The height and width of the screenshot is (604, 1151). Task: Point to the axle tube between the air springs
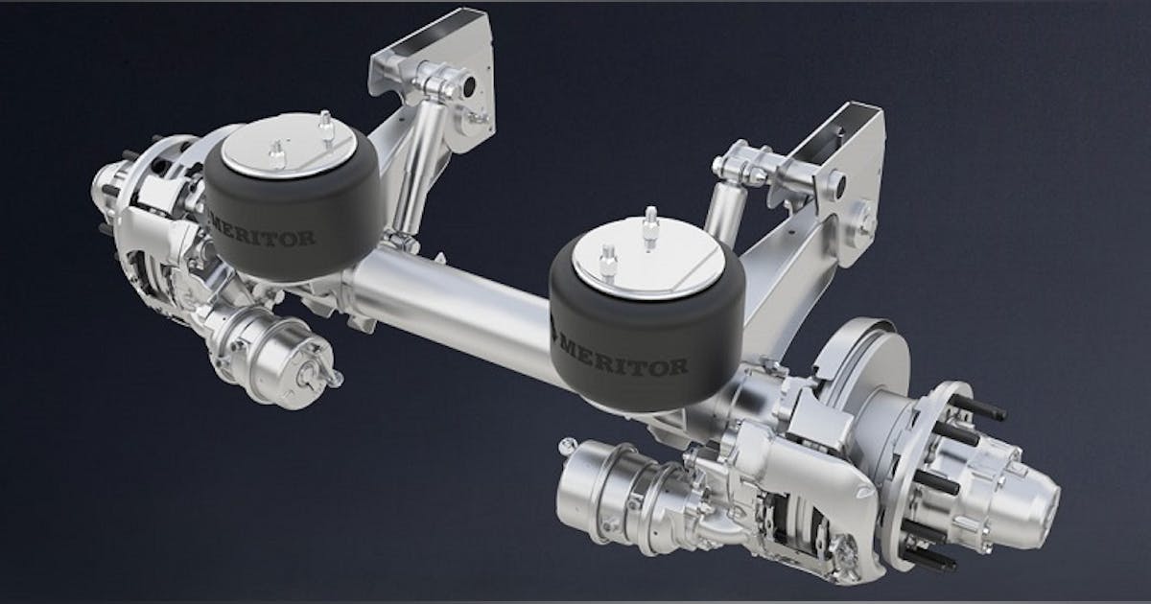[x=451, y=307]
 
